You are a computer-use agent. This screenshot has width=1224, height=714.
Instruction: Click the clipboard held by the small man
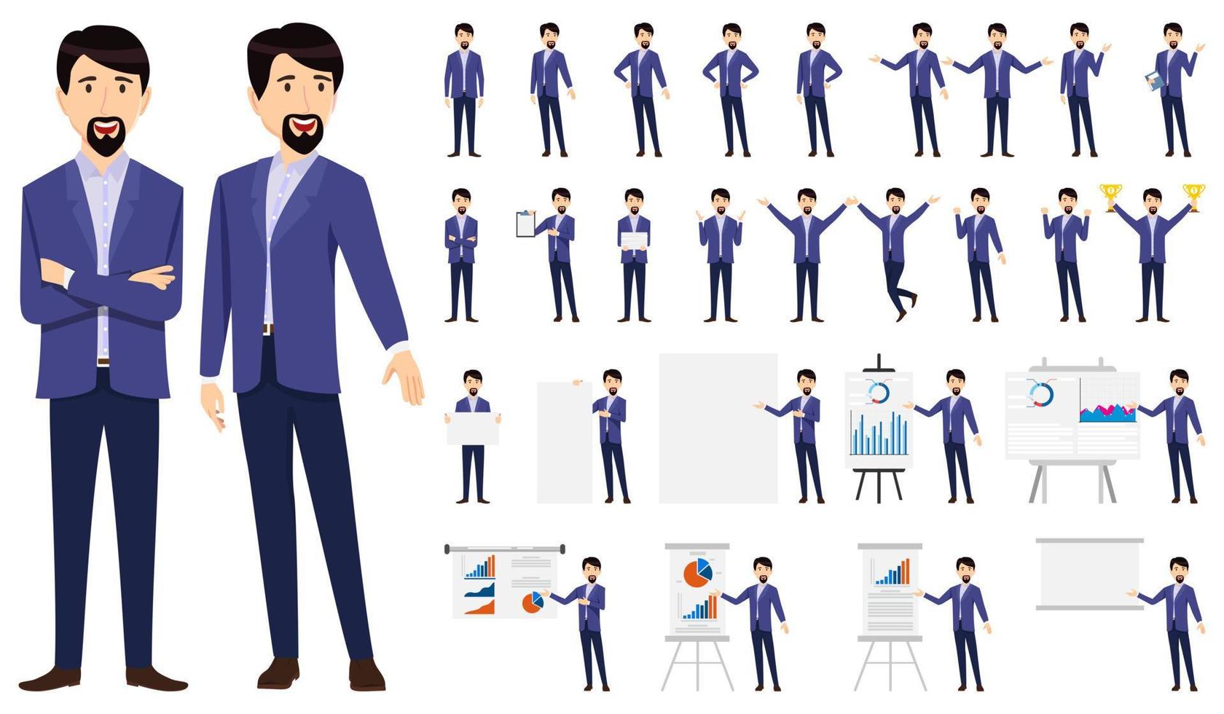(525, 224)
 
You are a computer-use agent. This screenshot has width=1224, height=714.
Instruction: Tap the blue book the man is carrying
(1153, 81)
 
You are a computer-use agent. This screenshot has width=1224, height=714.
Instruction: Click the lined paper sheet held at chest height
(634, 241)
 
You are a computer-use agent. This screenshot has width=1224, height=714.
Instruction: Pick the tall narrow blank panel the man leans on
(564, 442)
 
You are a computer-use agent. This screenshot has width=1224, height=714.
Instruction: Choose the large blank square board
(718, 428)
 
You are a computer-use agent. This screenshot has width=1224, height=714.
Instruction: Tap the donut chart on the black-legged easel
(879, 393)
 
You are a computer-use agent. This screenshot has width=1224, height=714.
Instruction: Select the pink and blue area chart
(1107, 413)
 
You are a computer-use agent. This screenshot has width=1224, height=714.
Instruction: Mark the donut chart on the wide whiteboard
(1041, 394)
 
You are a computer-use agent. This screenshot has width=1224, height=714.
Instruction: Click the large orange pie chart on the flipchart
(697, 573)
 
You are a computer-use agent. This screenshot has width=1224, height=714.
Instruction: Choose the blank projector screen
(1089, 573)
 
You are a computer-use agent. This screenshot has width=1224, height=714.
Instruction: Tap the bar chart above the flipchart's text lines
(892, 573)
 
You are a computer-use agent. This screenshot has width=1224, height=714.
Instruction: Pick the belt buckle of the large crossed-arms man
(103, 361)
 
